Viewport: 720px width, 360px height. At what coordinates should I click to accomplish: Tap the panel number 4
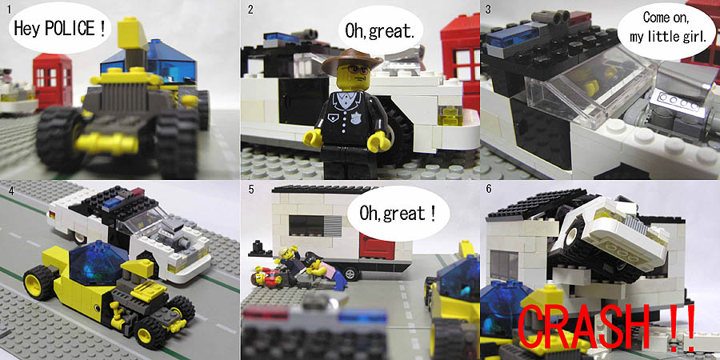pyautogui.click(x=11, y=190)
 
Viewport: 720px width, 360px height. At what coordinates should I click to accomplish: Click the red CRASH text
pyautogui.click(x=606, y=326)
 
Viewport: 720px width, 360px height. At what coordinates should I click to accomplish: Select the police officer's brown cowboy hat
pyautogui.click(x=352, y=60)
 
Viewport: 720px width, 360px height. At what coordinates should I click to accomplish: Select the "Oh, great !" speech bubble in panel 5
pyautogui.click(x=398, y=213)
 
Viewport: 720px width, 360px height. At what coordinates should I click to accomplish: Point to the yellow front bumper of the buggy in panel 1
pyautogui.click(x=106, y=143)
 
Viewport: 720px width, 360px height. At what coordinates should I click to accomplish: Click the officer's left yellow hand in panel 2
pyautogui.click(x=313, y=137)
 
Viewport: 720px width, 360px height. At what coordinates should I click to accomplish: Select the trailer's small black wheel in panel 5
pyautogui.click(x=351, y=274)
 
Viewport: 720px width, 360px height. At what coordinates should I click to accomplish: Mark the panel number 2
pyautogui.click(x=250, y=9)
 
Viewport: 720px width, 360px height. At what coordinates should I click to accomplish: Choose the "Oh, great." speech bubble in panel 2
pyautogui.click(x=380, y=30)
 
